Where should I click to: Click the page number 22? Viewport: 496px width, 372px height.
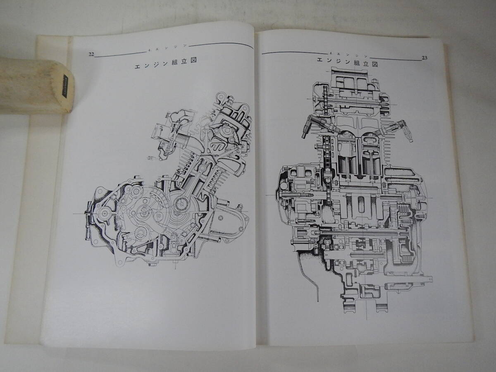click(x=91, y=54)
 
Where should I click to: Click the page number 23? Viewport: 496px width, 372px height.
click(x=424, y=58)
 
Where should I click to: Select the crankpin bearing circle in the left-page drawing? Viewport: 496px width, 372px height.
click(x=181, y=203)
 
